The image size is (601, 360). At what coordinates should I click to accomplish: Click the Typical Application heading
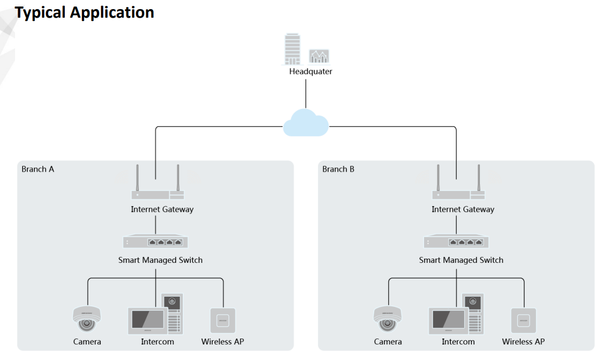tap(85, 13)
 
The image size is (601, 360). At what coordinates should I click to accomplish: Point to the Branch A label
tap(38, 169)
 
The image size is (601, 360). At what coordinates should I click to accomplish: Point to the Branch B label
tap(338, 169)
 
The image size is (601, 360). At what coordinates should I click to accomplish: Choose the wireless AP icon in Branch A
tap(222, 320)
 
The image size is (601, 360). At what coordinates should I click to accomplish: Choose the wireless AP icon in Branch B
tap(523, 320)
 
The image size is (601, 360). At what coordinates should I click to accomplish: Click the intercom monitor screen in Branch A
tap(145, 320)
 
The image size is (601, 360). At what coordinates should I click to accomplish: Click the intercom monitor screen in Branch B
tap(446, 320)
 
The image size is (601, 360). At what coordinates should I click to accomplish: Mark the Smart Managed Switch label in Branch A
tap(160, 260)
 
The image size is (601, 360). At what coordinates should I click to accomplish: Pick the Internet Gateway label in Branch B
tap(463, 209)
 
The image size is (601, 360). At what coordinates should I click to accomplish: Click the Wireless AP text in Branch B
tap(523, 341)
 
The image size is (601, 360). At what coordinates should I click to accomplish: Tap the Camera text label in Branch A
tap(87, 341)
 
